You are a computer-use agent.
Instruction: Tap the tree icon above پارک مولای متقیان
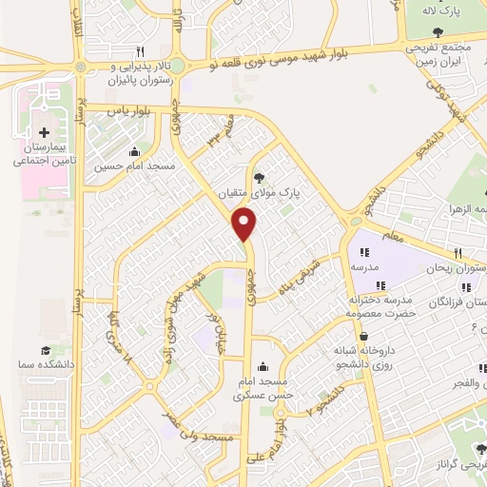click(259, 176)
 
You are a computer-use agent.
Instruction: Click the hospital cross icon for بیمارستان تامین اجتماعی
click(44, 130)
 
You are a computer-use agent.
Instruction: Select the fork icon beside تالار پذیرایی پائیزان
click(141, 51)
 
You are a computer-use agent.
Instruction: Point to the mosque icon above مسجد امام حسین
click(134, 151)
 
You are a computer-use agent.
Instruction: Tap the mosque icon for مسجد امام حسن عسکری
click(263, 366)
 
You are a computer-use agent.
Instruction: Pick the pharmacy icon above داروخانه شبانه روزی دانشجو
click(363, 334)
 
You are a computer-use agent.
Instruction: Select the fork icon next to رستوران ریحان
click(458, 253)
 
